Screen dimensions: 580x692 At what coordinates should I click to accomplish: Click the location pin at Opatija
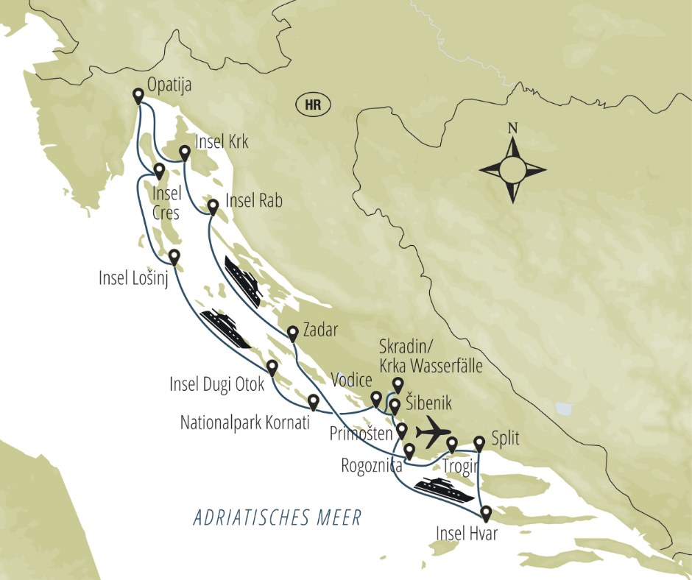(138, 96)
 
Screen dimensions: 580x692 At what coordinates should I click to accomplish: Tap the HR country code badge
(312, 104)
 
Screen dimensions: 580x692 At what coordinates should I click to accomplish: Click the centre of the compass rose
(512, 170)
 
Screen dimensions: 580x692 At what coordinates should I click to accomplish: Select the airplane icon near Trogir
(433, 428)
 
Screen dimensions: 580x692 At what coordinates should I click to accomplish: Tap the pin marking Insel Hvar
(485, 513)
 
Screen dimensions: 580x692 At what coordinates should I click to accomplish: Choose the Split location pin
(479, 443)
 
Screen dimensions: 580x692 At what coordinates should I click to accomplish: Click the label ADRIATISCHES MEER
(278, 517)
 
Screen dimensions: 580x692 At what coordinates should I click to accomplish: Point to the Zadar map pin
(293, 333)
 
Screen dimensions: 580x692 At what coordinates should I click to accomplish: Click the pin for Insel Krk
(184, 152)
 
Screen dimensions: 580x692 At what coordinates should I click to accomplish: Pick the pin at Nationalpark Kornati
(313, 402)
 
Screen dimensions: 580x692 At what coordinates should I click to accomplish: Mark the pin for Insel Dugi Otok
(272, 367)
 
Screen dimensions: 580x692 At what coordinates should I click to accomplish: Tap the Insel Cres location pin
(158, 171)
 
